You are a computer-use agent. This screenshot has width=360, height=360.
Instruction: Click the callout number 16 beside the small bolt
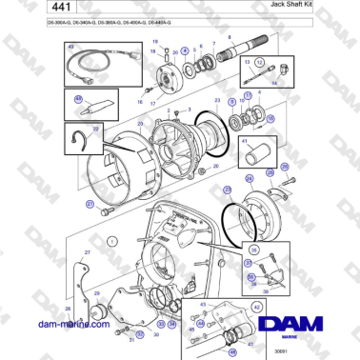tap(138, 99)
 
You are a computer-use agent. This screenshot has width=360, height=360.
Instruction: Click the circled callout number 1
tap(111, 242)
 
